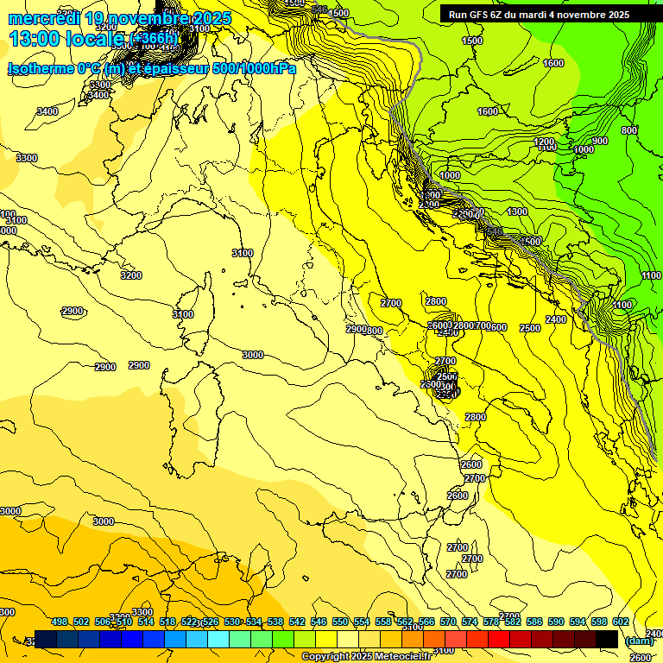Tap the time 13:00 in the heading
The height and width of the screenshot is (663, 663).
click(35, 39)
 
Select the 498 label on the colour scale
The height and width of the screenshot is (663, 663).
click(60, 622)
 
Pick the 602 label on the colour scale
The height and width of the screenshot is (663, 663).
click(620, 622)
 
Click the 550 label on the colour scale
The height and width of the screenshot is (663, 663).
click(340, 622)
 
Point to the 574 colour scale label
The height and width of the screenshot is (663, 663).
click(470, 622)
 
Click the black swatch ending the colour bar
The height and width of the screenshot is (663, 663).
click(607, 639)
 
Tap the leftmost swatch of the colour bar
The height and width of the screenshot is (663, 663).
click(46, 639)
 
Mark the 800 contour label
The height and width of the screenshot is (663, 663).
click(628, 130)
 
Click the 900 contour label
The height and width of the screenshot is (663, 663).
click(599, 141)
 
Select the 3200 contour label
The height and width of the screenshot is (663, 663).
click(131, 275)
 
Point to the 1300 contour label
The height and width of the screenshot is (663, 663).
click(517, 212)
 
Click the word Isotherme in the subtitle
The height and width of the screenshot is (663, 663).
click(41, 68)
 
